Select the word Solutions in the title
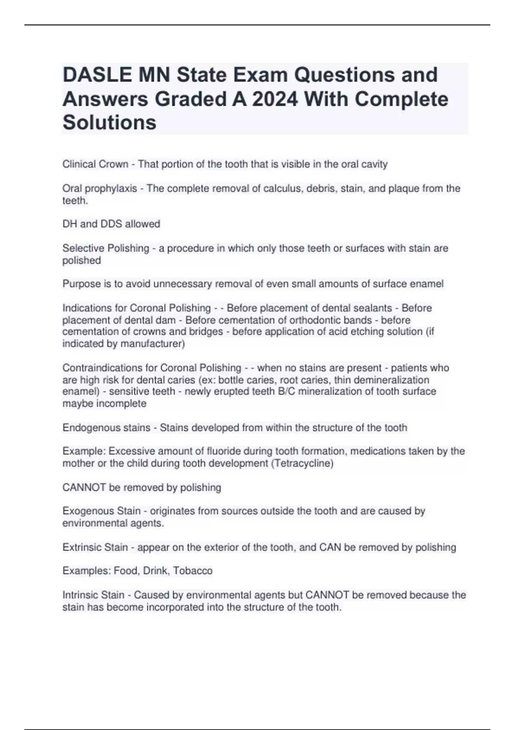pyautogui.click(x=109, y=122)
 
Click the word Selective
pyautogui.click(x=83, y=248)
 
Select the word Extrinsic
pyautogui.click(x=81, y=547)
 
